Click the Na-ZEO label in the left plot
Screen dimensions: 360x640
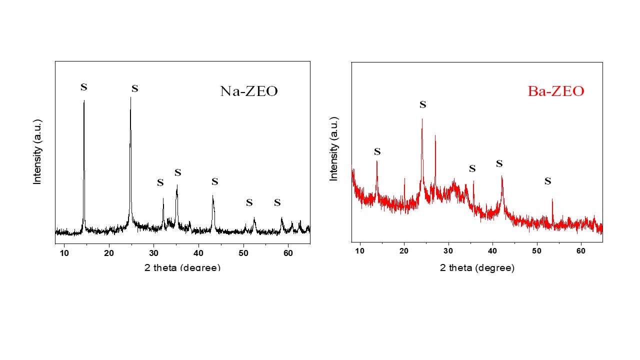coord(248,91)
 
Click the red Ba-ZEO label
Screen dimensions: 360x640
coord(555,91)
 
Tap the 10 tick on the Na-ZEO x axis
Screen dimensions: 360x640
coord(64,253)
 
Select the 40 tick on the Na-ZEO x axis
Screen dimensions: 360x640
coord(198,253)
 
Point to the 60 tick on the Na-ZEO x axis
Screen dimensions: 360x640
coord(288,253)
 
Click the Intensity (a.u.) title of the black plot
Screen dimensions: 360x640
coord(37,151)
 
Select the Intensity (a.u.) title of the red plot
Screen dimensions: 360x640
coord(334,148)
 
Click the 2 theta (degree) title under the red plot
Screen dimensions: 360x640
coord(477,267)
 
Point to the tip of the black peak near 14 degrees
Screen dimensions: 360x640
coord(84,100)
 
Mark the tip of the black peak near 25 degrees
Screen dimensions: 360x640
coord(130,97)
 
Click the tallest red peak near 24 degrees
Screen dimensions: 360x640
coord(422,119)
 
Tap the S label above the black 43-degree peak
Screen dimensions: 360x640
coord(215,181)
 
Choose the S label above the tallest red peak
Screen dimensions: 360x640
coord(423,104)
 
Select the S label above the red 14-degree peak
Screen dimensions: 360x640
coord(377,151)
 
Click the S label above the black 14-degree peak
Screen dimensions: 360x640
coord(84,87)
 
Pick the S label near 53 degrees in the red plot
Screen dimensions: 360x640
coord(547,181)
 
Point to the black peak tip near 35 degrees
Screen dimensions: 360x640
coord(176,185)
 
